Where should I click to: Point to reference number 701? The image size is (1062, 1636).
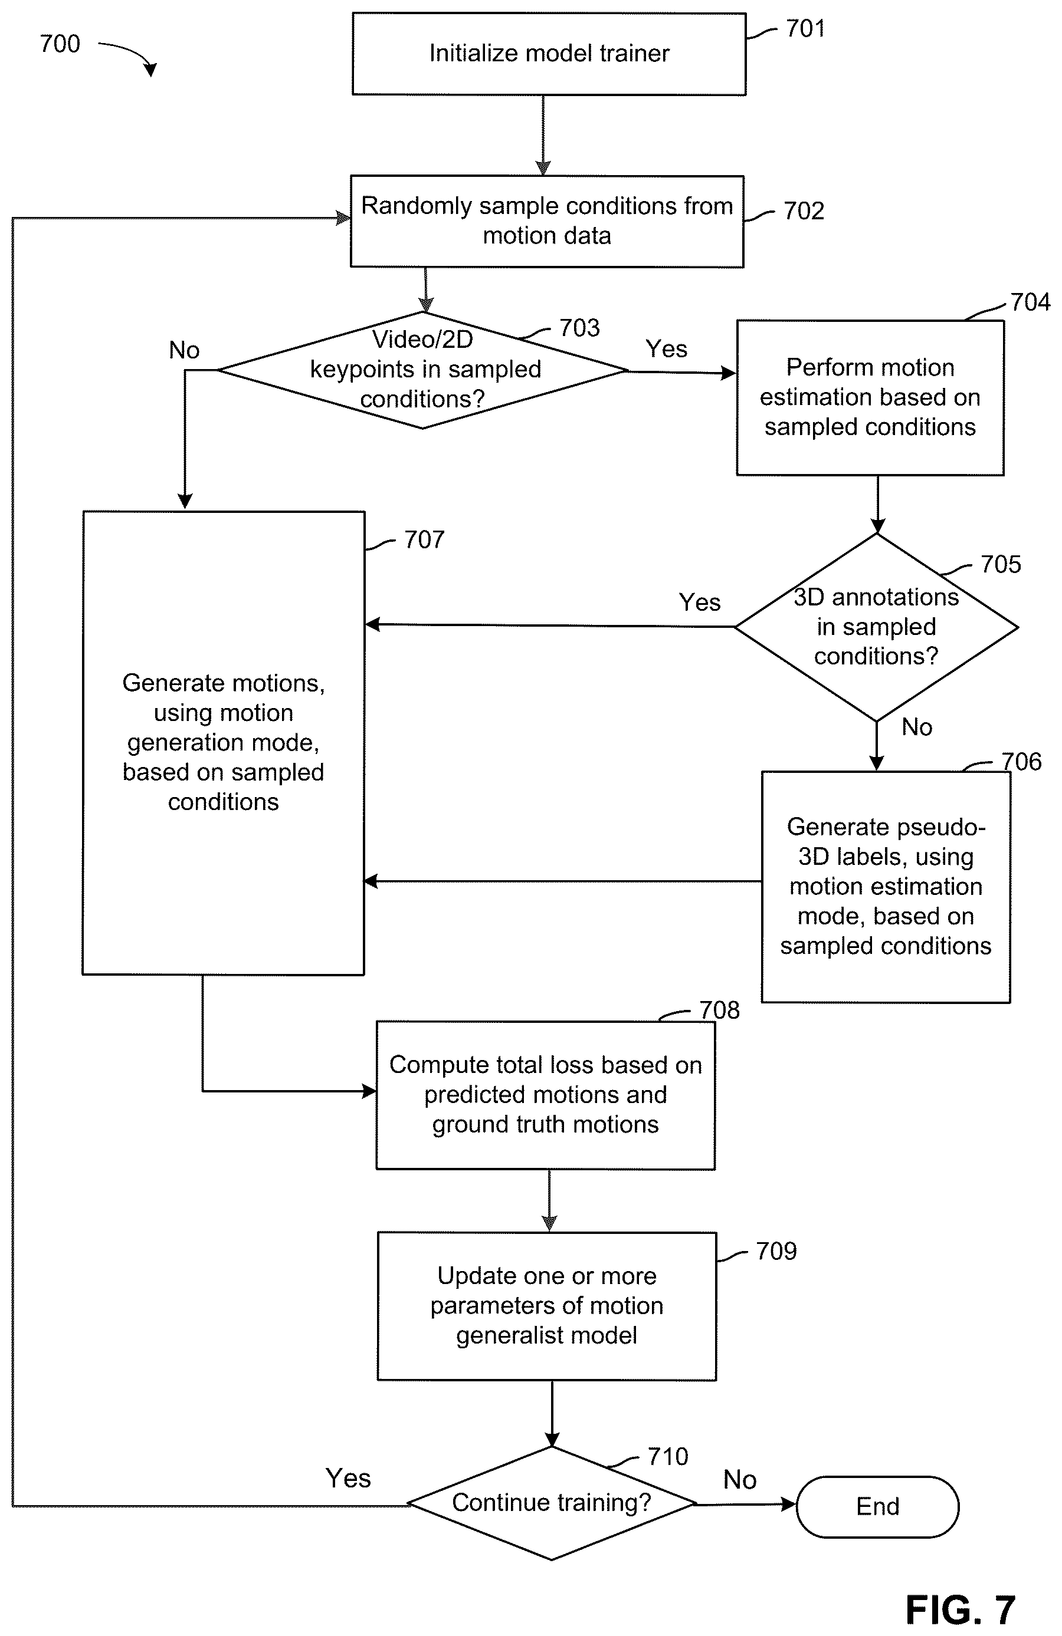click(x=805, y=28)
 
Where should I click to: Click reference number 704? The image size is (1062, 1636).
click(x=1030, y=302)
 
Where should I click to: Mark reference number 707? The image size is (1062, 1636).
click(x=424, y=539)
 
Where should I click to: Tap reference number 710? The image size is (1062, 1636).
click(x=668, y=1457)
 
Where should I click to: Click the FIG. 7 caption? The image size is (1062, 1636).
click(x=960, y=1610)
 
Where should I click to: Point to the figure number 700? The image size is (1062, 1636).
click(x=60, y=44)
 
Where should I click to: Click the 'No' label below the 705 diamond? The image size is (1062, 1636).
click(x=917, y=726)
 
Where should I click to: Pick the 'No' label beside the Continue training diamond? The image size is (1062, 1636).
click(x=740, y=1480)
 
